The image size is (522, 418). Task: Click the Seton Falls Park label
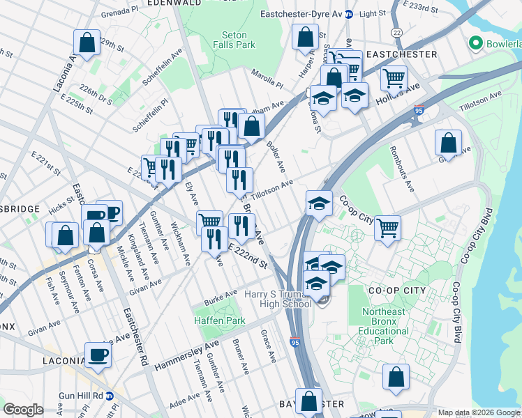[x=239, y=39]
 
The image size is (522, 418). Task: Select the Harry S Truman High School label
[x=277, y=299]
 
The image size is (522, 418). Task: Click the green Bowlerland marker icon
[x=477, y=43]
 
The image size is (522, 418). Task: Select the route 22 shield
[x=396, y=33]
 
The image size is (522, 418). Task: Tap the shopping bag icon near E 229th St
[x=87, y=42]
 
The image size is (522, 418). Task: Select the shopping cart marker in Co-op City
[x=387, y=227]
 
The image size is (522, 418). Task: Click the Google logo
[x=24, y=410]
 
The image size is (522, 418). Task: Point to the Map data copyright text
[x=479, y=412]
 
